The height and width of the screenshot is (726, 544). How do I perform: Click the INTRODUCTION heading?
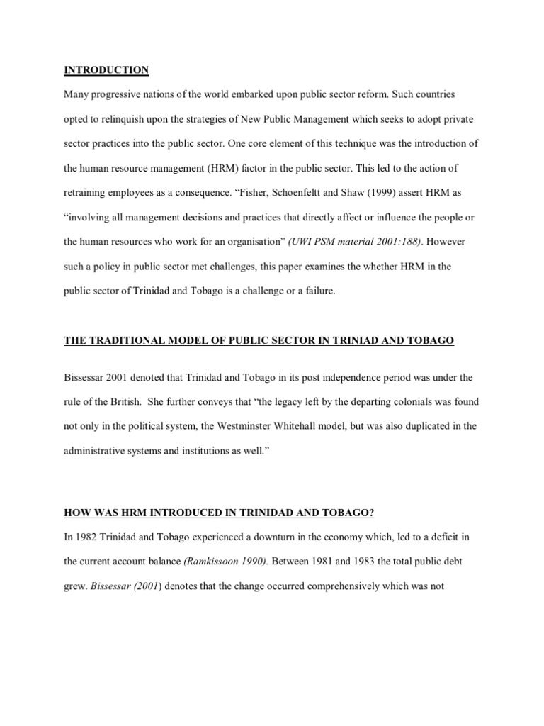[x=106, y=69]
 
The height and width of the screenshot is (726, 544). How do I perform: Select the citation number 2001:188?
[x=395, y=241]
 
